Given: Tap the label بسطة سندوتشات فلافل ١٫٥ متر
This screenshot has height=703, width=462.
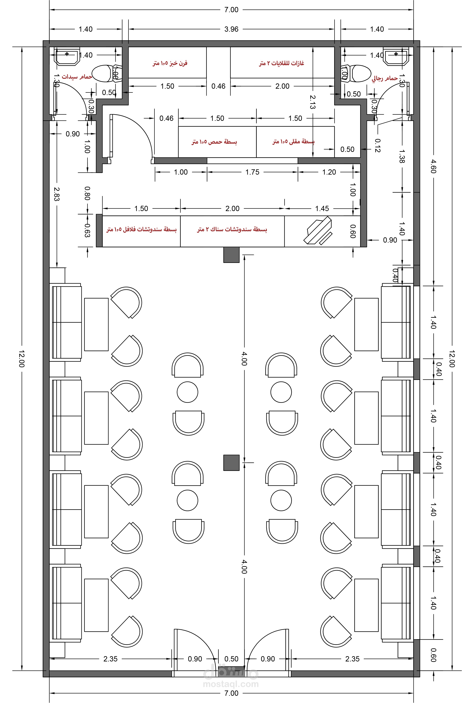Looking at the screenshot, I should [x=141, y=229].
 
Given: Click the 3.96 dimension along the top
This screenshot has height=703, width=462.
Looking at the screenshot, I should [x=231, y=29].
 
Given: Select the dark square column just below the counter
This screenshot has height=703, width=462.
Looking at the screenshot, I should [x=231, y=255].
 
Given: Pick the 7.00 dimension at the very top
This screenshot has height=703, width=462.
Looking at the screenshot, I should [x=231, y=10].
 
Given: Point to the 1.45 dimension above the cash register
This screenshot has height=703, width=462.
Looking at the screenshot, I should [x=322, y=209].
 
